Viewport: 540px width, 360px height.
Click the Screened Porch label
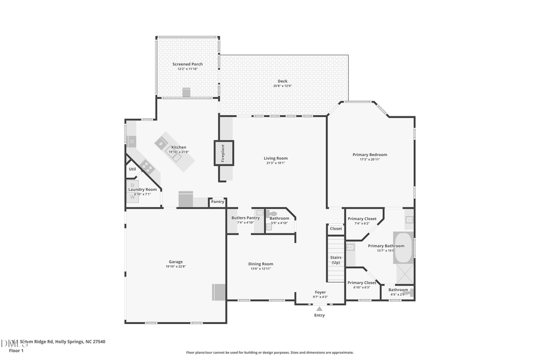click(x=187, y=64)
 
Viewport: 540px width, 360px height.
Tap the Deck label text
click(x=282, y=81)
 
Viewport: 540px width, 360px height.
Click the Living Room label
click(x=275, y=158)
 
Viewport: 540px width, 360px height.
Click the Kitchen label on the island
click(x=179, y=147)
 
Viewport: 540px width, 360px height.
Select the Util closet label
click(x=132, y=169)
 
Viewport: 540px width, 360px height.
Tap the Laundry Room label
click(x=142, y=190)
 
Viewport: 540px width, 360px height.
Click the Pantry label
click(x=217, y=202)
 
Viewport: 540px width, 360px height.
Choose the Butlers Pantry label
click(x=245, y=218)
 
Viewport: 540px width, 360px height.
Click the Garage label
click(x=176, y=262)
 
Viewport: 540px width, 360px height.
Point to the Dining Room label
click(x=261, y=264)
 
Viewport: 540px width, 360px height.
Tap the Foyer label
click(x=320, y=292)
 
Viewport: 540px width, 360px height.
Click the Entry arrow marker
click(x=319, y=308)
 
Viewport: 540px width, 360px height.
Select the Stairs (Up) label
click(x=336, y=260)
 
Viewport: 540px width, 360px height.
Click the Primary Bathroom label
click(x=386, y=246)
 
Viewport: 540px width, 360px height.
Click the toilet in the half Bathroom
click(x=274, y=213)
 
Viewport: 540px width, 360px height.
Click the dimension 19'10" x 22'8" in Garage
click(x=176, y=266)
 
